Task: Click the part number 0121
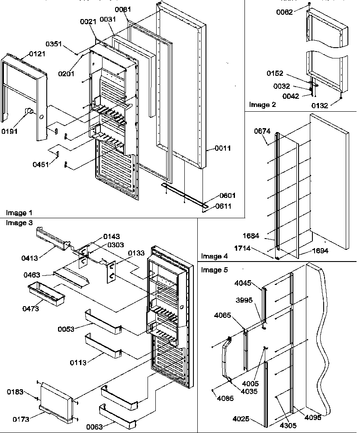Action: coord(37,54)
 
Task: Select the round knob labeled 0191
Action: coord(30,112)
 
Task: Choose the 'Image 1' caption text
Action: coord(19,213)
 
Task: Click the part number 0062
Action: coord(285,12)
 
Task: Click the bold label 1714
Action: coord(243,249)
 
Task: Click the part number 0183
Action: coord(15,392)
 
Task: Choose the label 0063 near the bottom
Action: coord(94,427)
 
